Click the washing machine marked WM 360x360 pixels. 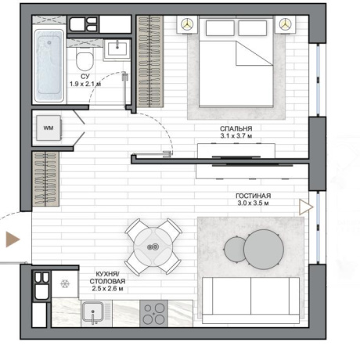[x=49, y=128]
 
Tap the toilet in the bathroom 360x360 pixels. [x=85, y=59]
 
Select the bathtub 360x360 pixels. [x=49, y=66]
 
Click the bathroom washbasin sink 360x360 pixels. [x=117, y=49]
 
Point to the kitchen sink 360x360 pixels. [x=93, y=312]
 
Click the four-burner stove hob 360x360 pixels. [x=153, y=314]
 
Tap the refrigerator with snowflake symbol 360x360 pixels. [x=65, y=284]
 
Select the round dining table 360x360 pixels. [x=153, y=247]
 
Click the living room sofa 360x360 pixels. [x=250, y=300]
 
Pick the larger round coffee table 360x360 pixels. [x=264, y=249]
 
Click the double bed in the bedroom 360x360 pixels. [x=236, y=62]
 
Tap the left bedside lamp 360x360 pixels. [x=187, y=24]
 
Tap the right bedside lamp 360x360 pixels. [x=285, y=24]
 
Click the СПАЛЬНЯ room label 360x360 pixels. [x=236, y=128]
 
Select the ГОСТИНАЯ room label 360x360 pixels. [x=253, y=196]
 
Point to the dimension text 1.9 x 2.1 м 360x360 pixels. [x=85, y=84]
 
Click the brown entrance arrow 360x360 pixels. [x=13, y=239]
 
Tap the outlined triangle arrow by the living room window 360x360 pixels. [x=306, y=207]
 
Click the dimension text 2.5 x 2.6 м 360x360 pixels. [x=107, y=289]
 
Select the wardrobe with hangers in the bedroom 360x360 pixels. [x=150, y=62]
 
